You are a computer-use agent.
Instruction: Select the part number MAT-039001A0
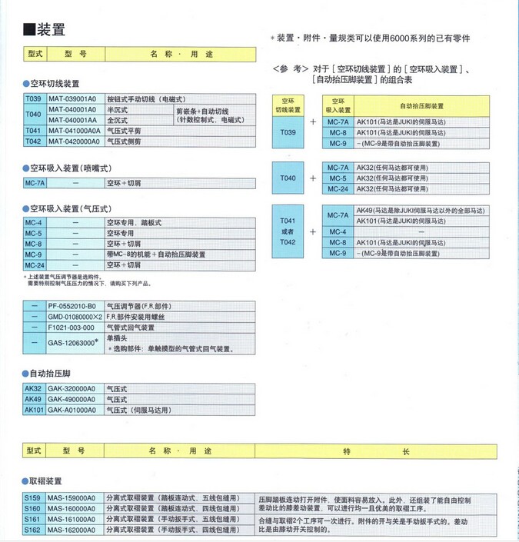pos(72,100)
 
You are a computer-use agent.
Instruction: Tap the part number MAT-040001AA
pos(72,120)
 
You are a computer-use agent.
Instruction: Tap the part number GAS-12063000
pos(72,341)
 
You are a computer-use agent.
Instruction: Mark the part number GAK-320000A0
pos(72,389)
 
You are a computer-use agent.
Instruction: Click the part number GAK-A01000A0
pos(72,411)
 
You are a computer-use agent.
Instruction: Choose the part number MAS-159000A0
pos(72,498)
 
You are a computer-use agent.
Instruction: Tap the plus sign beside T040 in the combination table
pos(313,178)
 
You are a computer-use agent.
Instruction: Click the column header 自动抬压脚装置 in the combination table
pos(421,106)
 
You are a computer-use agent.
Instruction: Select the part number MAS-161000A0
pos(72,519)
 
